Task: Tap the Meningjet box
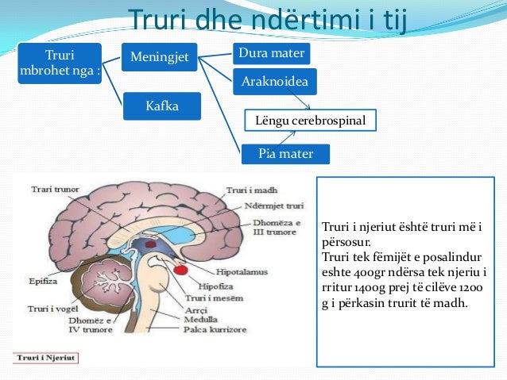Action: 159,56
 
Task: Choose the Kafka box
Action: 161,106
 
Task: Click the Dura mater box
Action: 270,54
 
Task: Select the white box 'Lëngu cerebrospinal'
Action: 310,121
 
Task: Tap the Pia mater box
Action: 285,153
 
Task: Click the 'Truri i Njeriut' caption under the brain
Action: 45,358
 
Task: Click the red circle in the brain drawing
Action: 182,269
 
